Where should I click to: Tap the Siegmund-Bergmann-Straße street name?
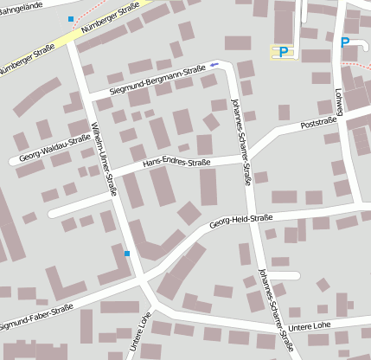point(157,80)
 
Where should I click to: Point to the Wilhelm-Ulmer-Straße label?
point(101,156)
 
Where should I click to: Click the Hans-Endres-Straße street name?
point(177,161)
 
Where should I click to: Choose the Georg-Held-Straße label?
point(240,221)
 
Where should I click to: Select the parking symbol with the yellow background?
point(282,53)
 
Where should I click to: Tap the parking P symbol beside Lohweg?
point(345,42)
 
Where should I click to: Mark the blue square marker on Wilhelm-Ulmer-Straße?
point(127,254)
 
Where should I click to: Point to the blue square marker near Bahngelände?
point(70,18)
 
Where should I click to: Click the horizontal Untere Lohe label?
point(310,326)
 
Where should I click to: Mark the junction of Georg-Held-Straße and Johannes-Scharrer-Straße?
point(257,214)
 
